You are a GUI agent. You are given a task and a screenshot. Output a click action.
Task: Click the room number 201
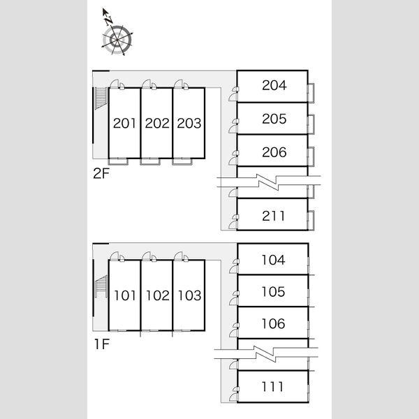[x=124, y=123]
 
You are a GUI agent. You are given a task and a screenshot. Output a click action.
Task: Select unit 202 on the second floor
[x=157, y=123]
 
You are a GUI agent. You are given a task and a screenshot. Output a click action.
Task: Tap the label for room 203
[x=189, y=123]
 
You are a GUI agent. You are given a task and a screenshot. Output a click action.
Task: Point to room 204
[x=274, y=85]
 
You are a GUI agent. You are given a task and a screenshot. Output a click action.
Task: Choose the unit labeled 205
[x=274, y=119]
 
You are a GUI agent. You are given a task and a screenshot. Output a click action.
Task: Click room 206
[x=274, y=152]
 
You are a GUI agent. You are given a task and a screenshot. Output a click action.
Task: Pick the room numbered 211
[x=273, y=216]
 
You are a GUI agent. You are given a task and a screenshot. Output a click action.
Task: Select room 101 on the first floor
[x=125, y=295]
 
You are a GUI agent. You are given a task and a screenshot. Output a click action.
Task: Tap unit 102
[x=157, y=295]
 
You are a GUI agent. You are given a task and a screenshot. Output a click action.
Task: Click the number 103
[x=189, y=295]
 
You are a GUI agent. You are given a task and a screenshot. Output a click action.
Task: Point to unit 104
[x=273, y=260]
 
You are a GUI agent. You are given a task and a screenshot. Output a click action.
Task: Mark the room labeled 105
[x=273, y=291]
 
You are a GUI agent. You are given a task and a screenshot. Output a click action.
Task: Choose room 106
[x=273, y=323]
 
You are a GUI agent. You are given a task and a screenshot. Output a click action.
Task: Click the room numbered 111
[x=272, y=387]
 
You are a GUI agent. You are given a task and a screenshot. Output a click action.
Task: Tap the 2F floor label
[x=101, y=174]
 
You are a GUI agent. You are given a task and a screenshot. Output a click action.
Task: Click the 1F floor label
[x=102, y=344]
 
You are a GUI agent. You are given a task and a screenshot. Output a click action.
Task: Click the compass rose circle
[x=117, y=40]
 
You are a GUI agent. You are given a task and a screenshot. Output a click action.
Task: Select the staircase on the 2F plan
[x=101, y=98]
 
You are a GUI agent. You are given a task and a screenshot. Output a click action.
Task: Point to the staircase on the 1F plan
[x=101, y=286]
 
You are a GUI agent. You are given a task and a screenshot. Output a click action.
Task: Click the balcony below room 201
[x=118, y=161]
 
